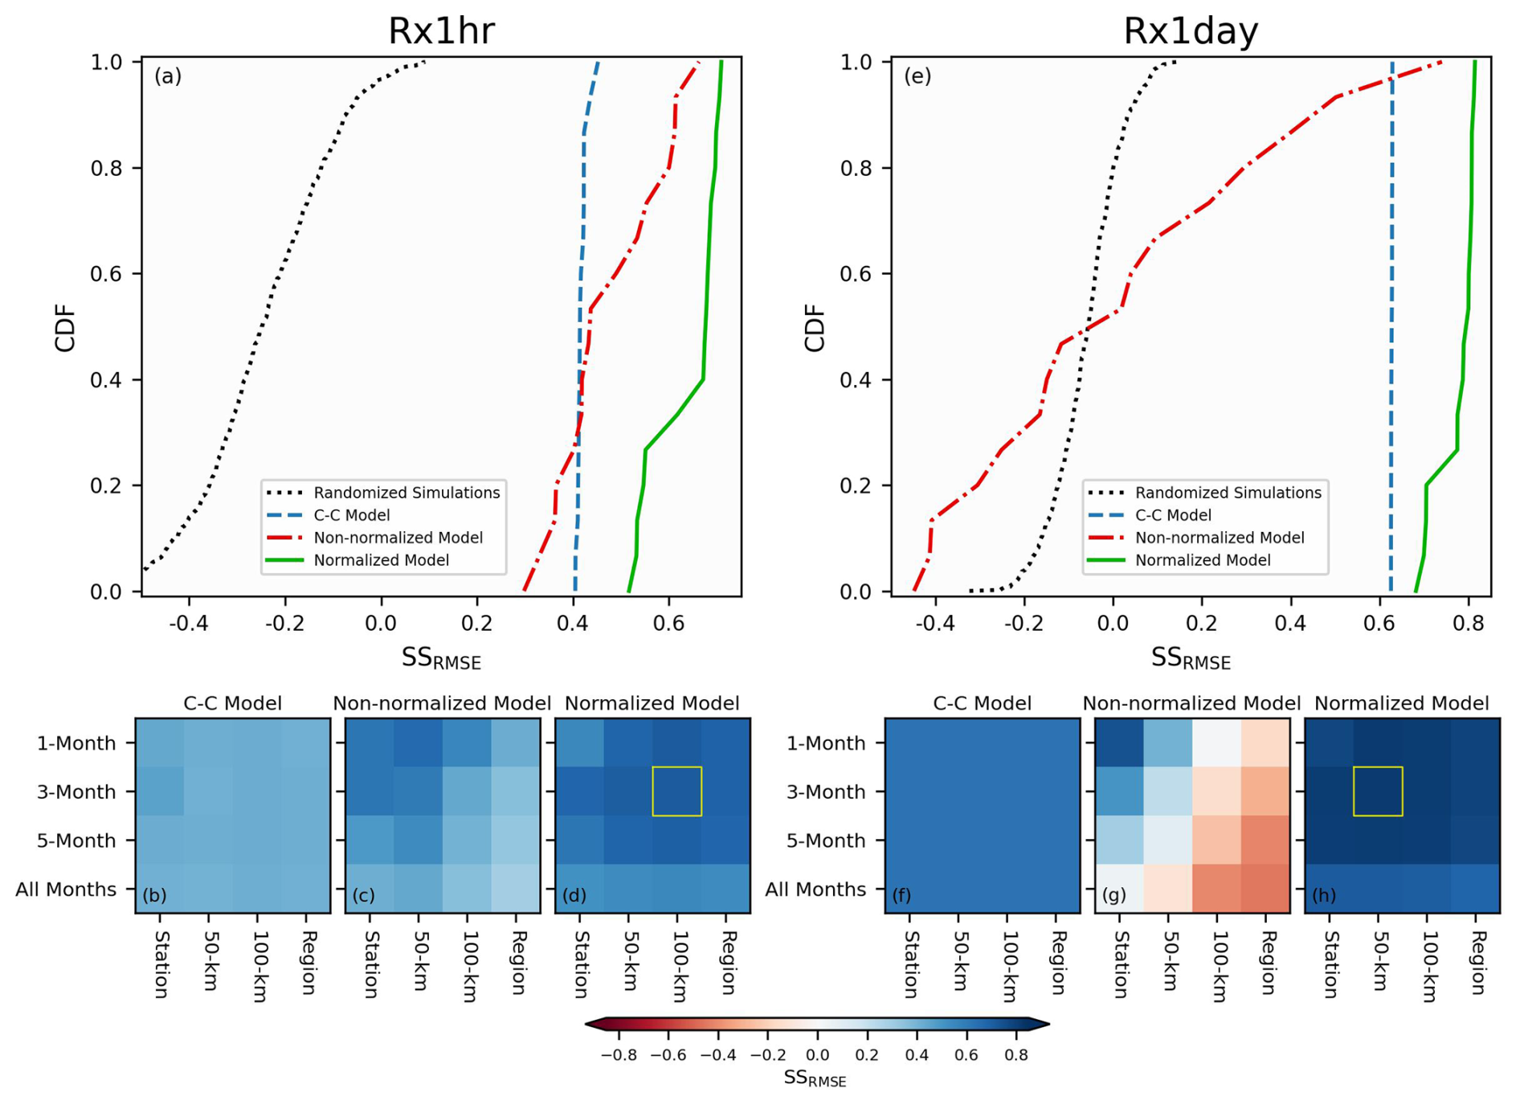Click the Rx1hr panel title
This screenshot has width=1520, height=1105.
click(x=441, y=31)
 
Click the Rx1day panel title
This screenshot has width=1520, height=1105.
click(x=1190, y=31)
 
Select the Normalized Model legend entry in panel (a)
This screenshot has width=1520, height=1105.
click(x=381, y=560)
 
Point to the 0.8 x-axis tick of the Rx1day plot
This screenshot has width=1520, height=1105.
click(x=1468, y=623)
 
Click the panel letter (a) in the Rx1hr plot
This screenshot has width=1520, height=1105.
click(x=168, y=76)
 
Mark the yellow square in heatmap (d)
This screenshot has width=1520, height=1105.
click(x=676, y=792)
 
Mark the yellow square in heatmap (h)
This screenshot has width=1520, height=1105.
click(x=1378, y=792)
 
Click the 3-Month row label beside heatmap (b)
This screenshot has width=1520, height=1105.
click(x=76, y=792)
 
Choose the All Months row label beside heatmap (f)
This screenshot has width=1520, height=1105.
click(x=815, y=890)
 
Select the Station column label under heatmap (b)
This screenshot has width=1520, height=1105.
click(x=161, y=964)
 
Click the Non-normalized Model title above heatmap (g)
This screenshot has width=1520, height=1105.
click(x=1191, y=704)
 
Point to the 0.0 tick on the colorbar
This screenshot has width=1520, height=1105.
click(x=817, y=1054)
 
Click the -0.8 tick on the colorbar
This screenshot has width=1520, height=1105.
click(x=619, y=1054)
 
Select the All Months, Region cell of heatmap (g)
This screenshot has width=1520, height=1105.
click(x=1265, y=889)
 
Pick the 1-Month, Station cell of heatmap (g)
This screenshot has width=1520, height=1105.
click(x=1119, y=743)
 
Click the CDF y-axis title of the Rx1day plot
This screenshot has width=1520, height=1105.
click(x=815, y=328)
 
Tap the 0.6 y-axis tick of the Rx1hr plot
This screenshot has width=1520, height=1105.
click(x=105, y=274)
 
